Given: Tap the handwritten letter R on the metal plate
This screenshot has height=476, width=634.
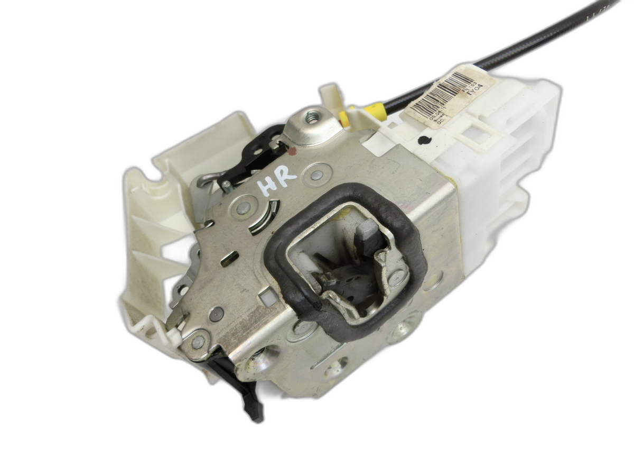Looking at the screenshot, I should (287, 183).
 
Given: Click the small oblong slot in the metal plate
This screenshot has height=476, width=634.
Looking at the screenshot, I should (230, 259).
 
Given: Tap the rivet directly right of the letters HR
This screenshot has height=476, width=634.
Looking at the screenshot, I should (316, 174).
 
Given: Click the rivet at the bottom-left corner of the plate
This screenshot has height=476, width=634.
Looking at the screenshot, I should (198, 342).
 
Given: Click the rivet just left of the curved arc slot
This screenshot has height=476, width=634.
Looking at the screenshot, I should (244, 207).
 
